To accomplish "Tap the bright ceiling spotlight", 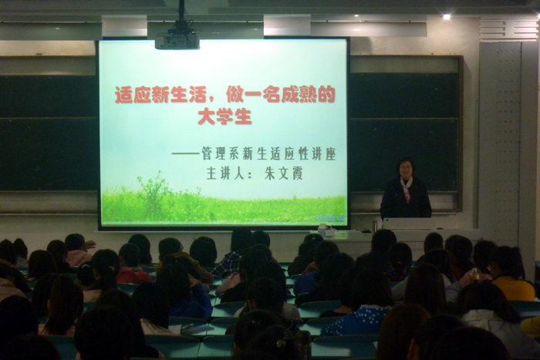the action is tap(447, 16).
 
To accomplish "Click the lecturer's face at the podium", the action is tap(405, 170).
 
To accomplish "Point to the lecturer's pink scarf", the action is tap(407, 188).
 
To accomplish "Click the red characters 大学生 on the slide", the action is tap(225, 116).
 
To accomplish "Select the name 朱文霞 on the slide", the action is tap(283, 173).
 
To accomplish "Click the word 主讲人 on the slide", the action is tap(225, 173).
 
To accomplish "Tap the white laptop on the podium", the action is tap(410, 224).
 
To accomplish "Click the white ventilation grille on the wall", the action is tap(508, 29).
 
